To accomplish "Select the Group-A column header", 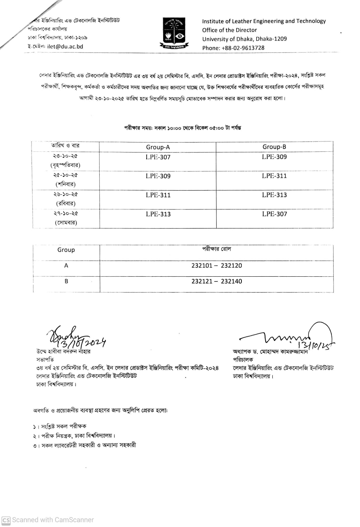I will pos(158,147).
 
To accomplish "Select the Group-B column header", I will pos(274,147).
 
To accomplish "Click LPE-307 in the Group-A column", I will pos(158,157).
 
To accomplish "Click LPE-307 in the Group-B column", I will pos(274,214).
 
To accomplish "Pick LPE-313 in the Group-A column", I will pos(158,214).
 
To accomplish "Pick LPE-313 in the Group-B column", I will pos(274,195).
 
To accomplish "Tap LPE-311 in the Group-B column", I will pos(274,176).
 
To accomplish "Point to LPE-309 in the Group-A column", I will pos(158,176).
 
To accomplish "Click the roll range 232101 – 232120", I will pos(216,265).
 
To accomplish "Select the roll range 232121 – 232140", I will pos(216,281).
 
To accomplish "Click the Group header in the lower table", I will pos(66,250).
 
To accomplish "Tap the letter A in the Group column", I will pos(66,265).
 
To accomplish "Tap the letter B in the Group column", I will pos(66,281).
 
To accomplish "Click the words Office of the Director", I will pos(229,30).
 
